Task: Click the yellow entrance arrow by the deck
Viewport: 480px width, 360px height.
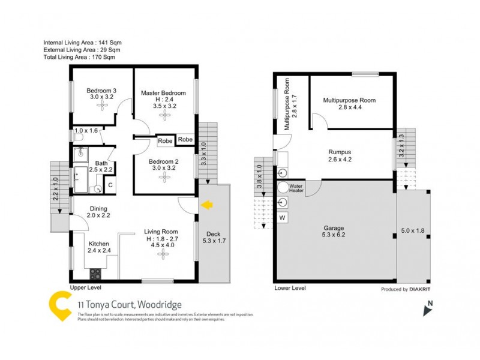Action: [x=206, y=206]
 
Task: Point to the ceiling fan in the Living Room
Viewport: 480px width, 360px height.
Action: [x=163, y=254]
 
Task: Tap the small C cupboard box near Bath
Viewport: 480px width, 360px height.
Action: [x=110, y=186]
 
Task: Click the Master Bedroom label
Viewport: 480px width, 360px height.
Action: [x=163, y=93]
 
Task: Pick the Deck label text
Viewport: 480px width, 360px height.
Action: [x=213, y=234]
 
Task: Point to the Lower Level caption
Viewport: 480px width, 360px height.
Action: [x=290, y=289]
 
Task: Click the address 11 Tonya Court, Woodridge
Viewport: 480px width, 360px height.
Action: [x=129, y=305]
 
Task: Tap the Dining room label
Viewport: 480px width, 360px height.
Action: [x=99, y=209]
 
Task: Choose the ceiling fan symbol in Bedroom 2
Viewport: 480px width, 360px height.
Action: [x=162, y=176]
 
